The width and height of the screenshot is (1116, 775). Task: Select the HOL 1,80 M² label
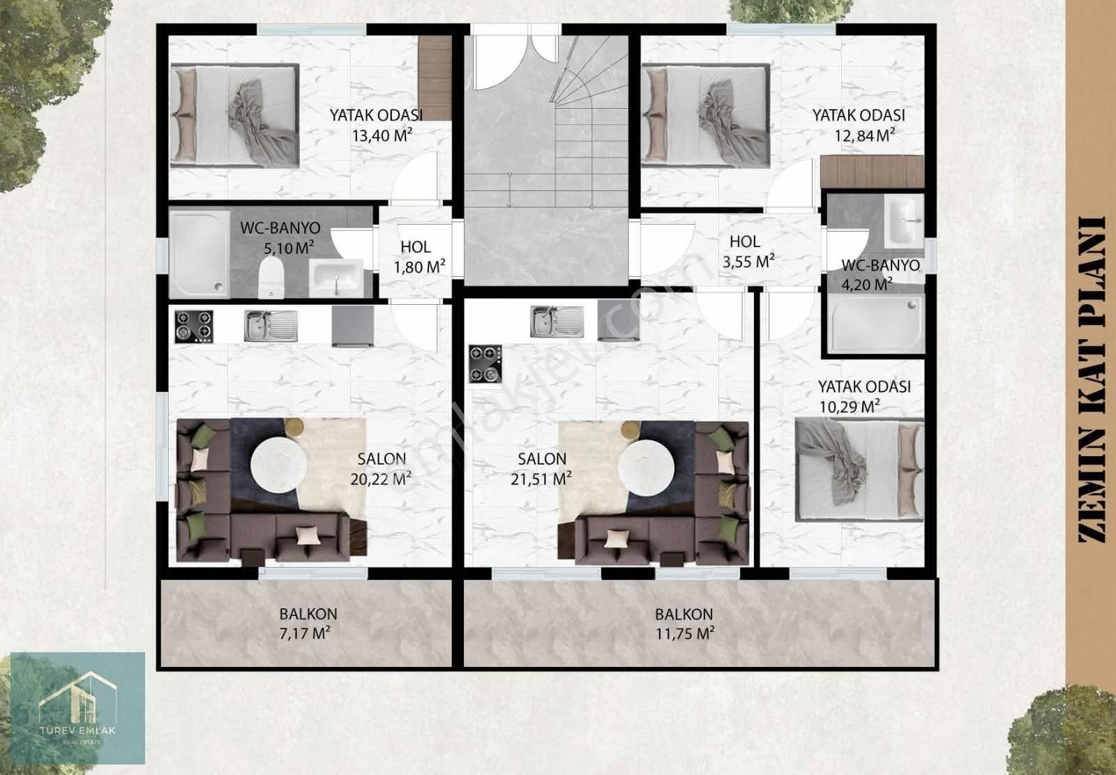pyautogui.click(x=419, y=257)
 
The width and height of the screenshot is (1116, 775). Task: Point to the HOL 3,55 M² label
pyautogui.click(x=748, y=252)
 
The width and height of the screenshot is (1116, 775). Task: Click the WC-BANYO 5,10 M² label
pyautogui.click(x=280, y=238)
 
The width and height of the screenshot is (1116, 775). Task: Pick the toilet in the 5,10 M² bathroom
pyautogui.click(x=271, y=277)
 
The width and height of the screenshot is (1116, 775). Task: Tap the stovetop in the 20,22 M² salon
pyautogui.click(x=194, y=326)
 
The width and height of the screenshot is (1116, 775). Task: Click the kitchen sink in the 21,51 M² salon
pyautogui.click(x=557, y=322)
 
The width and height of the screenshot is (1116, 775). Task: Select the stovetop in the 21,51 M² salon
pyautogui.click(x=485, y=364)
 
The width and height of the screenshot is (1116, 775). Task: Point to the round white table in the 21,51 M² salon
pyautogui.click(x=646, y=468)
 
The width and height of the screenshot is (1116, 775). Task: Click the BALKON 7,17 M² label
pyautogui.click(x=308, y=624)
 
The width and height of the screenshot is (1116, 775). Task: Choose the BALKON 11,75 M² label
pyautogui.click(x=684, y=624)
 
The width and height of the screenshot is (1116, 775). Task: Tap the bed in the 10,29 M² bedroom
pyautogui.click(x=859, y=469)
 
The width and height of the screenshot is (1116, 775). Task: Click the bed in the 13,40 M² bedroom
pyautogui.click(x=234, y=116)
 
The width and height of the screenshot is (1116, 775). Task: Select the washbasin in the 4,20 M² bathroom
pyautogui.click(x=904, y=221)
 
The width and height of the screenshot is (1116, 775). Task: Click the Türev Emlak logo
pyautogui.click(x=77, y=708)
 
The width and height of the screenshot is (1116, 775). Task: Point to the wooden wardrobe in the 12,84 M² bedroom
pyautogui.click(x=872, y=172)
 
